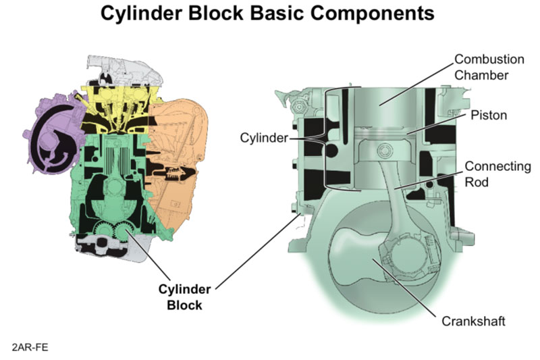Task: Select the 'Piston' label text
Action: [x=489, y=115]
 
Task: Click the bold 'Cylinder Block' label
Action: [x=185, y=297]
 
